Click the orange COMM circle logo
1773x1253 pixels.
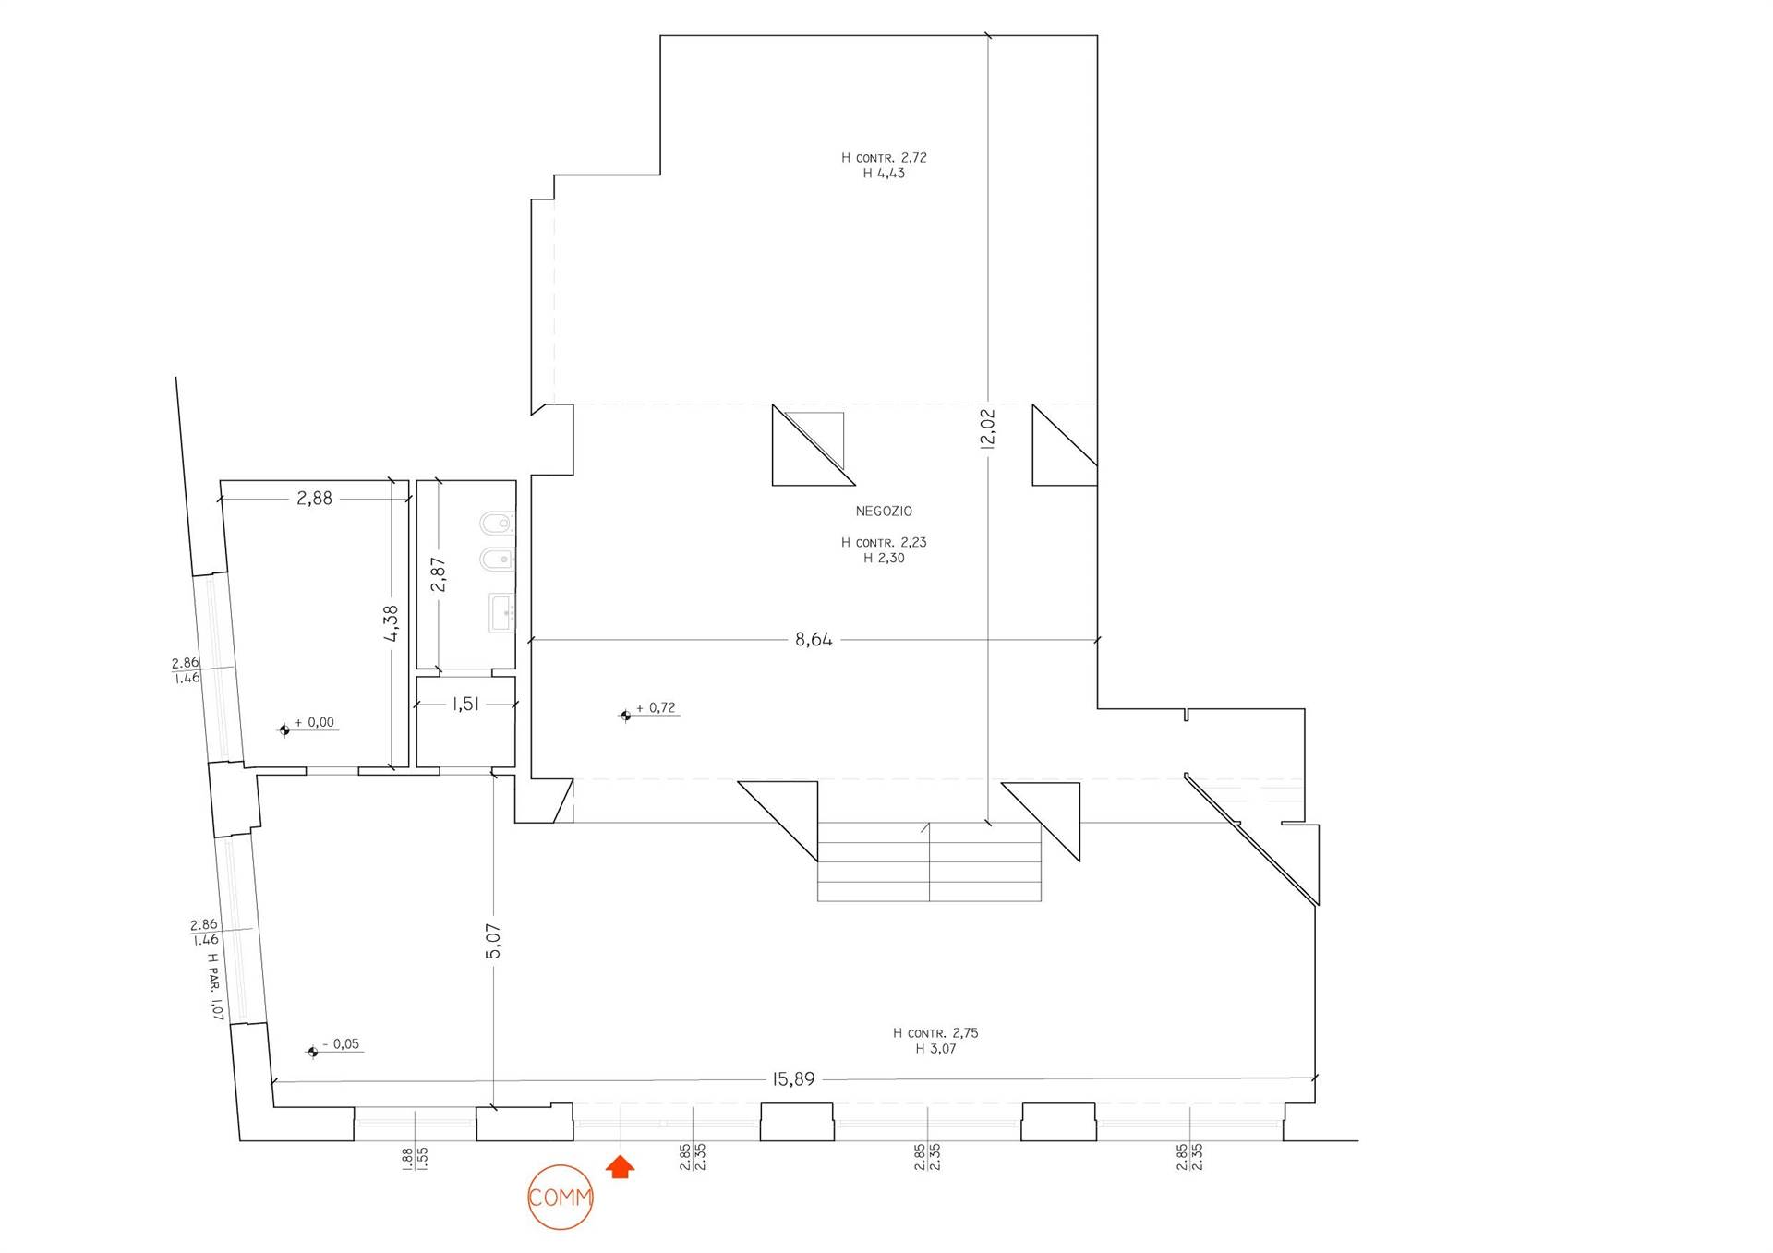[560, 1198]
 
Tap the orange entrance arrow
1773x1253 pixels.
[621, 1167]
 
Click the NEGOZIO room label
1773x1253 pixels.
[884, 511]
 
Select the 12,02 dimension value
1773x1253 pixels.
[987, 428]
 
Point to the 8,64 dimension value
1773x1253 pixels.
[814, 639]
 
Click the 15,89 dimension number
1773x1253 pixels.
[793, 1078]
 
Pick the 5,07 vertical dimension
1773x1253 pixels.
[493, 941]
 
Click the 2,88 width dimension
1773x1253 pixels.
[314, 498]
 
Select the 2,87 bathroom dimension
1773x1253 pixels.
[439, 574]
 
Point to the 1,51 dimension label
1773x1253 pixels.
[465, 704]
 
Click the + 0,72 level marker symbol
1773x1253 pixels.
[625, 715]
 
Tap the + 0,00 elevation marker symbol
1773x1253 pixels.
[284, 730]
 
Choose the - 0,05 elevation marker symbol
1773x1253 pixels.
[313, 1052]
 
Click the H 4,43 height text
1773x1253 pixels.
[884, 173]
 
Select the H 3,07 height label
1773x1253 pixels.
[935, 1049]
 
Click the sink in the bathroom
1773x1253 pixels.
[501, 612]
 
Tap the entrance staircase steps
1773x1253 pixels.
[929, 861]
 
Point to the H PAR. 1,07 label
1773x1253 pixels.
[215, 986]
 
